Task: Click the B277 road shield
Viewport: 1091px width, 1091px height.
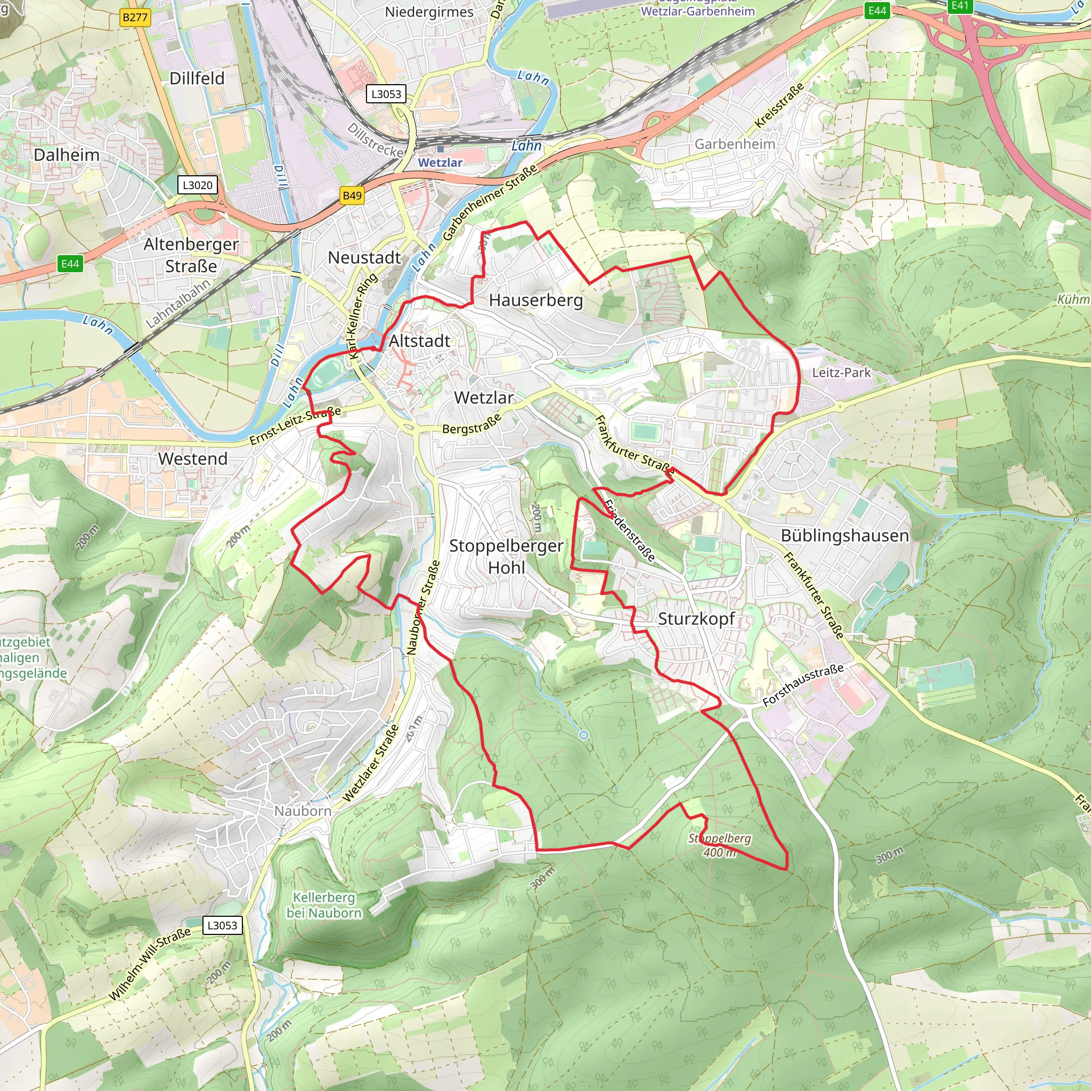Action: pos(135,18)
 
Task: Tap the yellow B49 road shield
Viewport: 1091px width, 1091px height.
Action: pos(352,196)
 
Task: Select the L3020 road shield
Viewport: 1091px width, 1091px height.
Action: pos(198,185)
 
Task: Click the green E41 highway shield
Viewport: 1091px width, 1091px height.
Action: pos(960,6)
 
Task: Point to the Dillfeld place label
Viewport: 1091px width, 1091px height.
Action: pos(197,78)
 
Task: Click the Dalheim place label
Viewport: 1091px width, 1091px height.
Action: pos(67,154)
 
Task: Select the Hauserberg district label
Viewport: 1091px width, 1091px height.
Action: pos(536,300)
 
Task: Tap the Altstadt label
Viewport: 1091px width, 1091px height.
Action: pos(420,341)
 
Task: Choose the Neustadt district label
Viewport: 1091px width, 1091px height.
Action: pos(364,257)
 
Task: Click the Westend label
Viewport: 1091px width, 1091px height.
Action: pos(192,459)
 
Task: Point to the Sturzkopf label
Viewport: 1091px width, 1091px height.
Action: pos(696,618)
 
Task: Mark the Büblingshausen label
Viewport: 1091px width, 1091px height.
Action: pos(845,535)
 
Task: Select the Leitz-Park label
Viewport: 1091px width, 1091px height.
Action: pos(841,373)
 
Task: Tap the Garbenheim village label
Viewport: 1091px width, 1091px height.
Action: pos(735,144)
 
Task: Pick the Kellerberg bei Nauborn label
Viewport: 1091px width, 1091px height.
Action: pos(324,905)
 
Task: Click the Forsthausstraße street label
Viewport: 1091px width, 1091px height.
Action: pos(803,685)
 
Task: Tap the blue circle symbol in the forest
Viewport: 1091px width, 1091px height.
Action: pos(584,735)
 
